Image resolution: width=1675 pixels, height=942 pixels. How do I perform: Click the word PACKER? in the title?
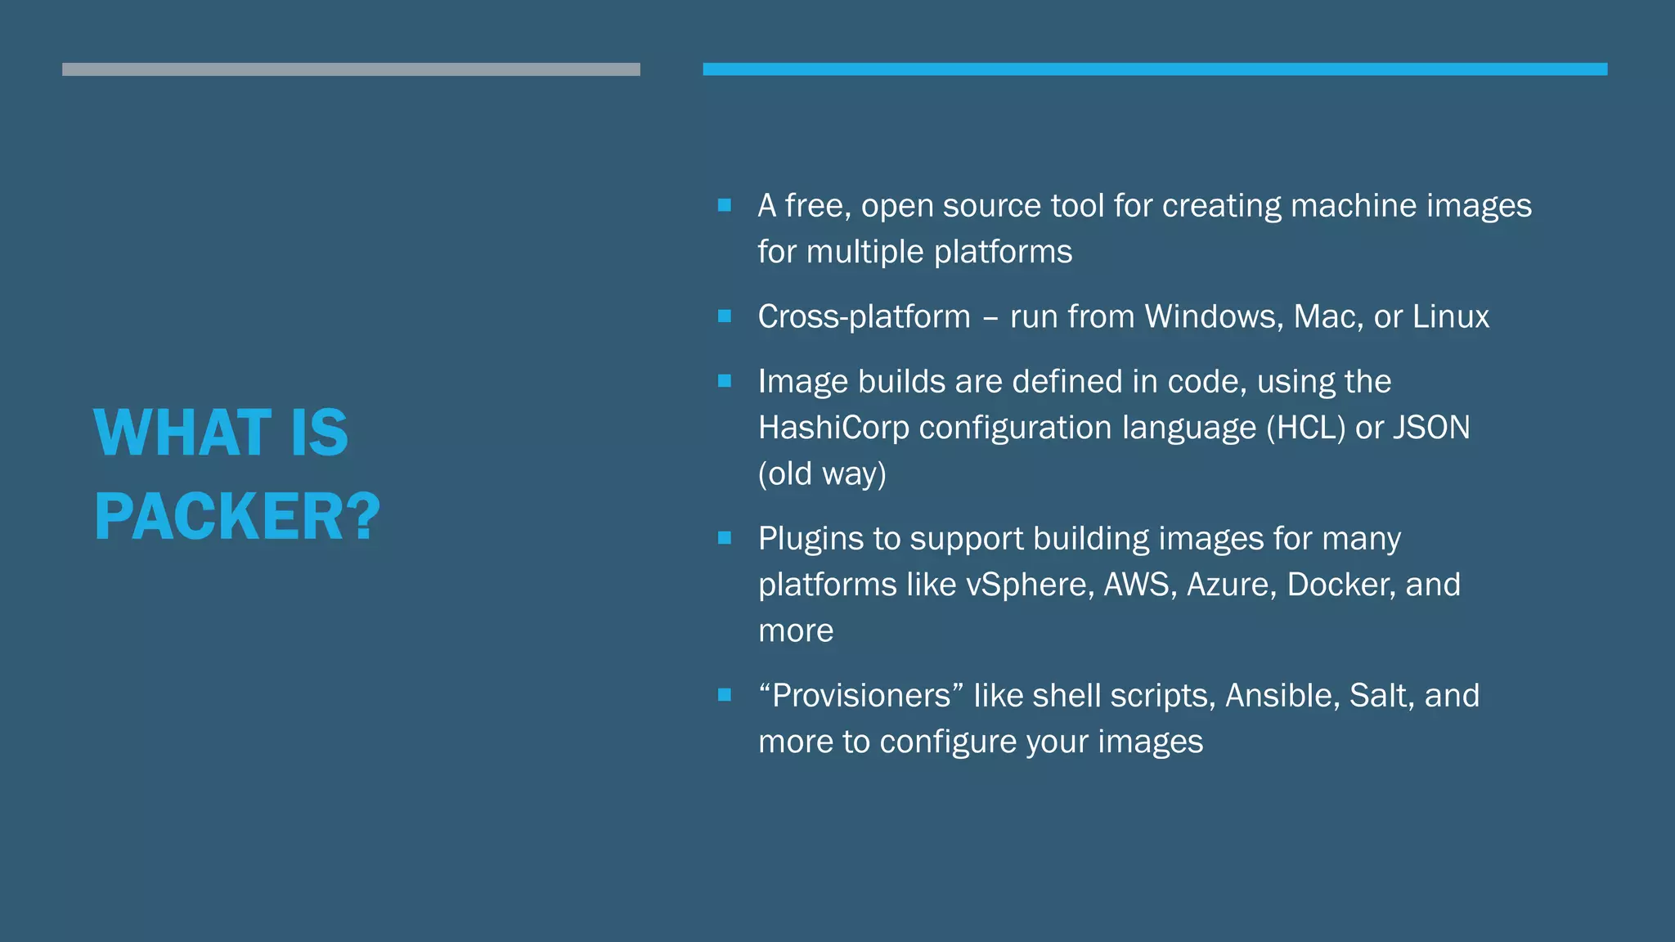pyautogui.click(x=237, y=517)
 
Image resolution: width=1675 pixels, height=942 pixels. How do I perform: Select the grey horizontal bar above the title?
pyautogui.click(x=351, y=70)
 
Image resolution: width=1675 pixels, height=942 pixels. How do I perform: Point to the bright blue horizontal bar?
pyautogui.click(x=1155, y=70)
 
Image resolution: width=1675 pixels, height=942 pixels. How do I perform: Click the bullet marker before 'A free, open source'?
pyautogui.click(x=725, y=205)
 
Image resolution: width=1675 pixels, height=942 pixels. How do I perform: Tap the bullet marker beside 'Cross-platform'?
pyautogui.click(x=725, y=316)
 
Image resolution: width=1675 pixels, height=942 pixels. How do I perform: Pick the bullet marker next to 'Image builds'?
pyautogui.click(x=725, y=381)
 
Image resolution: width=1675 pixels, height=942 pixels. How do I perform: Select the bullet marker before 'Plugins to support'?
pyautogui.click(x=725, y=538)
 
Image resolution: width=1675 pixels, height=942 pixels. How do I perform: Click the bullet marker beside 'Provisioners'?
pyautogui.click(x=725, y=695)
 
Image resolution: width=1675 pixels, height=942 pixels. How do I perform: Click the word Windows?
pyautogui.click(x=1213, y=316)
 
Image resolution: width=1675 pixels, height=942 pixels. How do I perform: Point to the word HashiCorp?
pyautogui.click(x=833, y=428)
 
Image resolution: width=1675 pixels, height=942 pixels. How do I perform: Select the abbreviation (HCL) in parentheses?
pyautogui.click(x=1305, y=428)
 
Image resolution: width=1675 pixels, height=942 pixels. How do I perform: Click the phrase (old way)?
pyautogui.click(x=822, y=473)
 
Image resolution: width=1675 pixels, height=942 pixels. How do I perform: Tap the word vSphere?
pyautogui.click(x=1030, y=585)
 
